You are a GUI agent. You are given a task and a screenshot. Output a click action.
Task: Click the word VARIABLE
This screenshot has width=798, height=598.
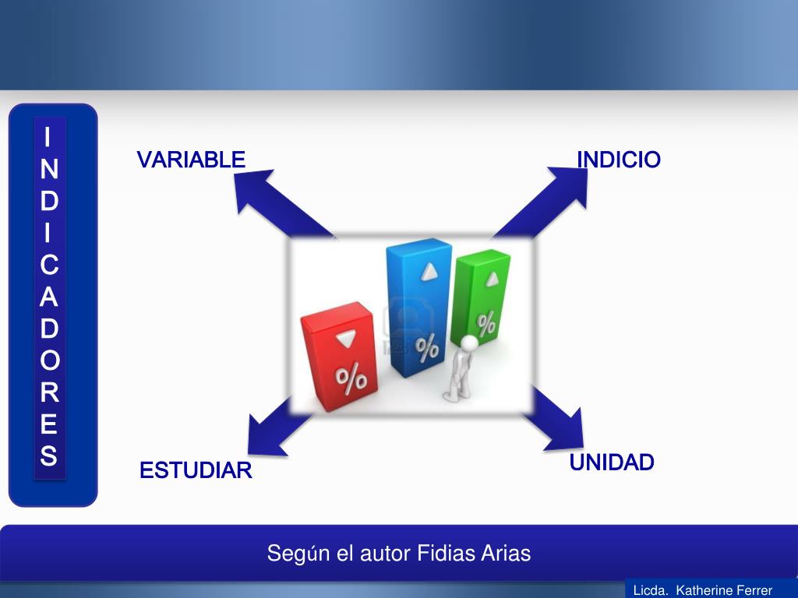click(x=191, y=160)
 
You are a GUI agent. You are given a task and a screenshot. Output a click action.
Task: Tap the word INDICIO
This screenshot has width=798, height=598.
click(x=619, y=160)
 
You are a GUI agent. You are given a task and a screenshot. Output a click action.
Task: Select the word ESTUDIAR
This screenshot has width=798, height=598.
click(x=196, y=471)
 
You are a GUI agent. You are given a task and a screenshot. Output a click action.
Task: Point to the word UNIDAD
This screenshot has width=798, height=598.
click(x=612, y=463)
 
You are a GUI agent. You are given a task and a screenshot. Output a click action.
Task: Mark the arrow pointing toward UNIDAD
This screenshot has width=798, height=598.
click(x=557, y=420)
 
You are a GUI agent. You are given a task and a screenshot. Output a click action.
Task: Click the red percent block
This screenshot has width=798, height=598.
click(x=339, y=356)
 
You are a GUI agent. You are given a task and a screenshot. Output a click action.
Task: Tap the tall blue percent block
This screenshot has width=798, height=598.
click(x=419, y=308)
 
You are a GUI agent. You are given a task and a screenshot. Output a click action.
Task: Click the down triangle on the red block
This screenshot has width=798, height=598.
click(x=344, y=339)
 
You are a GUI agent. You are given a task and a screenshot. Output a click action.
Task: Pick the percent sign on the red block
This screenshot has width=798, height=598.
click(x=351, y=378)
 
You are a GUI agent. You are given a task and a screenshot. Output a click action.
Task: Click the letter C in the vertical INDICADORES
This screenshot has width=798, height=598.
click(x=49, y=266)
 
